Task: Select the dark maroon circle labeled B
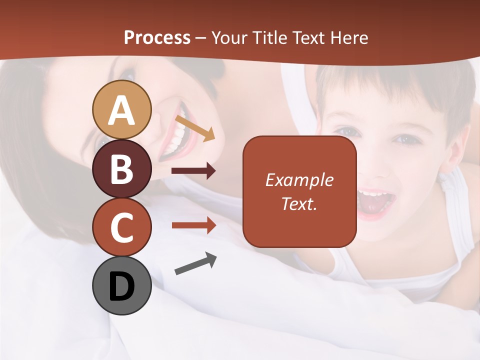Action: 121,169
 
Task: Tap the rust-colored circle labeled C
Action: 121,227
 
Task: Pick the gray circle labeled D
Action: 121,286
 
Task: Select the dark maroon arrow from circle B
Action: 193,171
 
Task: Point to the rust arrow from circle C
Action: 193,225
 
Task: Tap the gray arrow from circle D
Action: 195,263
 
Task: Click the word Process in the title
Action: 157,37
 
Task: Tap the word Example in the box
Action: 299,180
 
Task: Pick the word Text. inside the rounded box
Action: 299,203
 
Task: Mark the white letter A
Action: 121,110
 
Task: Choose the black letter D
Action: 121,286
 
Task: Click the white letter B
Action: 121,169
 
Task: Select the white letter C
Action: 121,227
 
